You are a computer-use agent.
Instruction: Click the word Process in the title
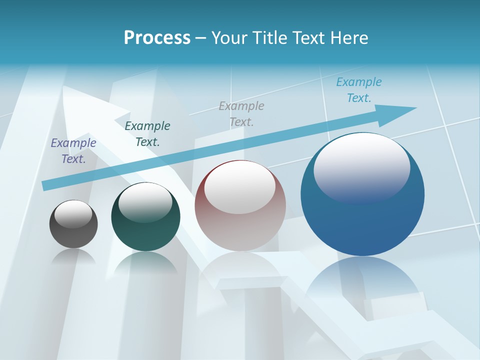coord(157,38)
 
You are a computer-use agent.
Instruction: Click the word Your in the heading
coord(228,38)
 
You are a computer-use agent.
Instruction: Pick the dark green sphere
coord(145,230)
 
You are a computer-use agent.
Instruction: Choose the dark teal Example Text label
coord(147,134)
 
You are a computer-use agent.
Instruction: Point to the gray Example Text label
coord(241,113)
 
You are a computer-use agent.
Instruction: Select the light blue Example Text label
coord(358,90)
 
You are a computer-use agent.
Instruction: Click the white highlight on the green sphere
coord(145,202)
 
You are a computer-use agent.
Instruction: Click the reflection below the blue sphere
coord(362,280)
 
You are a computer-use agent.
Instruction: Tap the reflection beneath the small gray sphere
coord(73,257)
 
